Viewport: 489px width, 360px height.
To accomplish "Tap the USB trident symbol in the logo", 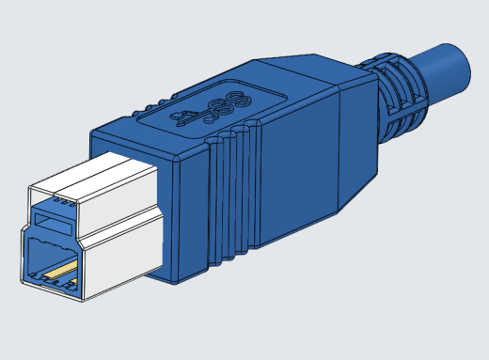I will (188, 117).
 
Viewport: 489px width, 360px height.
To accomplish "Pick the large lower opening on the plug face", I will (52, 258).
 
